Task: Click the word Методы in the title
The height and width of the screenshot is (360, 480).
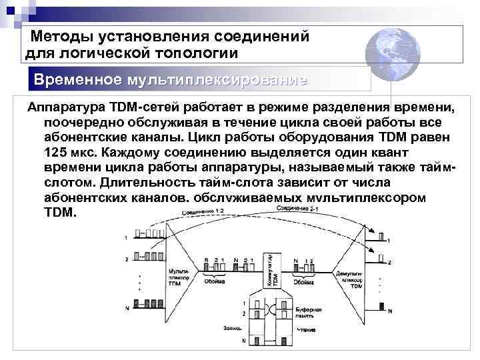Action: pos(65,36)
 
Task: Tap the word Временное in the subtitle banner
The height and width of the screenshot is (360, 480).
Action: pos(78,80)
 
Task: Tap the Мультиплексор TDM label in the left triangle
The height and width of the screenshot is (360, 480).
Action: pos(175,277)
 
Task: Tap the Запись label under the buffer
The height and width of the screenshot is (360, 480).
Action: pos(233,327)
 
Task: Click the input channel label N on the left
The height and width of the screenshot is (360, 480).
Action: pos(126,307)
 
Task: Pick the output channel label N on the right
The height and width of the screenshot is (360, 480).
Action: pos(390,311)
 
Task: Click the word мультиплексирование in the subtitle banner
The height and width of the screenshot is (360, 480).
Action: pos(215,80)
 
